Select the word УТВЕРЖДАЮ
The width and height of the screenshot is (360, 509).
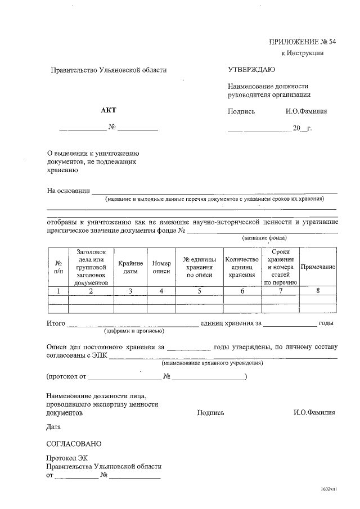(251, 70)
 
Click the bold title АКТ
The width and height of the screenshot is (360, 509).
(108, 111)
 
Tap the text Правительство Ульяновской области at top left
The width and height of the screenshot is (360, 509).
(109, 70)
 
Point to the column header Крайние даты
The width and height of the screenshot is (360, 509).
(130, 267)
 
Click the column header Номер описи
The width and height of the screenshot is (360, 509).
(161, 267)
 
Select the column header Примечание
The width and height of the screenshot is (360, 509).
(318, 267)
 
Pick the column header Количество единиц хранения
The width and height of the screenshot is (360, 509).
(242, 267)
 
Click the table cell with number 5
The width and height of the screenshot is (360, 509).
(199, 291)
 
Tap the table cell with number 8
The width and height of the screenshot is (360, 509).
(318, 291)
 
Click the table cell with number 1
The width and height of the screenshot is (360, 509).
(58, 291)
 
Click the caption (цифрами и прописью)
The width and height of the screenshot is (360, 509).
(137, 332)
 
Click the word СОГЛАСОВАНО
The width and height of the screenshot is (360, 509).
(74, 444)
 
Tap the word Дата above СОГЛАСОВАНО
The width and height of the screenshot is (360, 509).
(54, 427)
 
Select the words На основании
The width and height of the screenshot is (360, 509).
(68, 191)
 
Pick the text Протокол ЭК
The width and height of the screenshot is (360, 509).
(67, 458)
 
